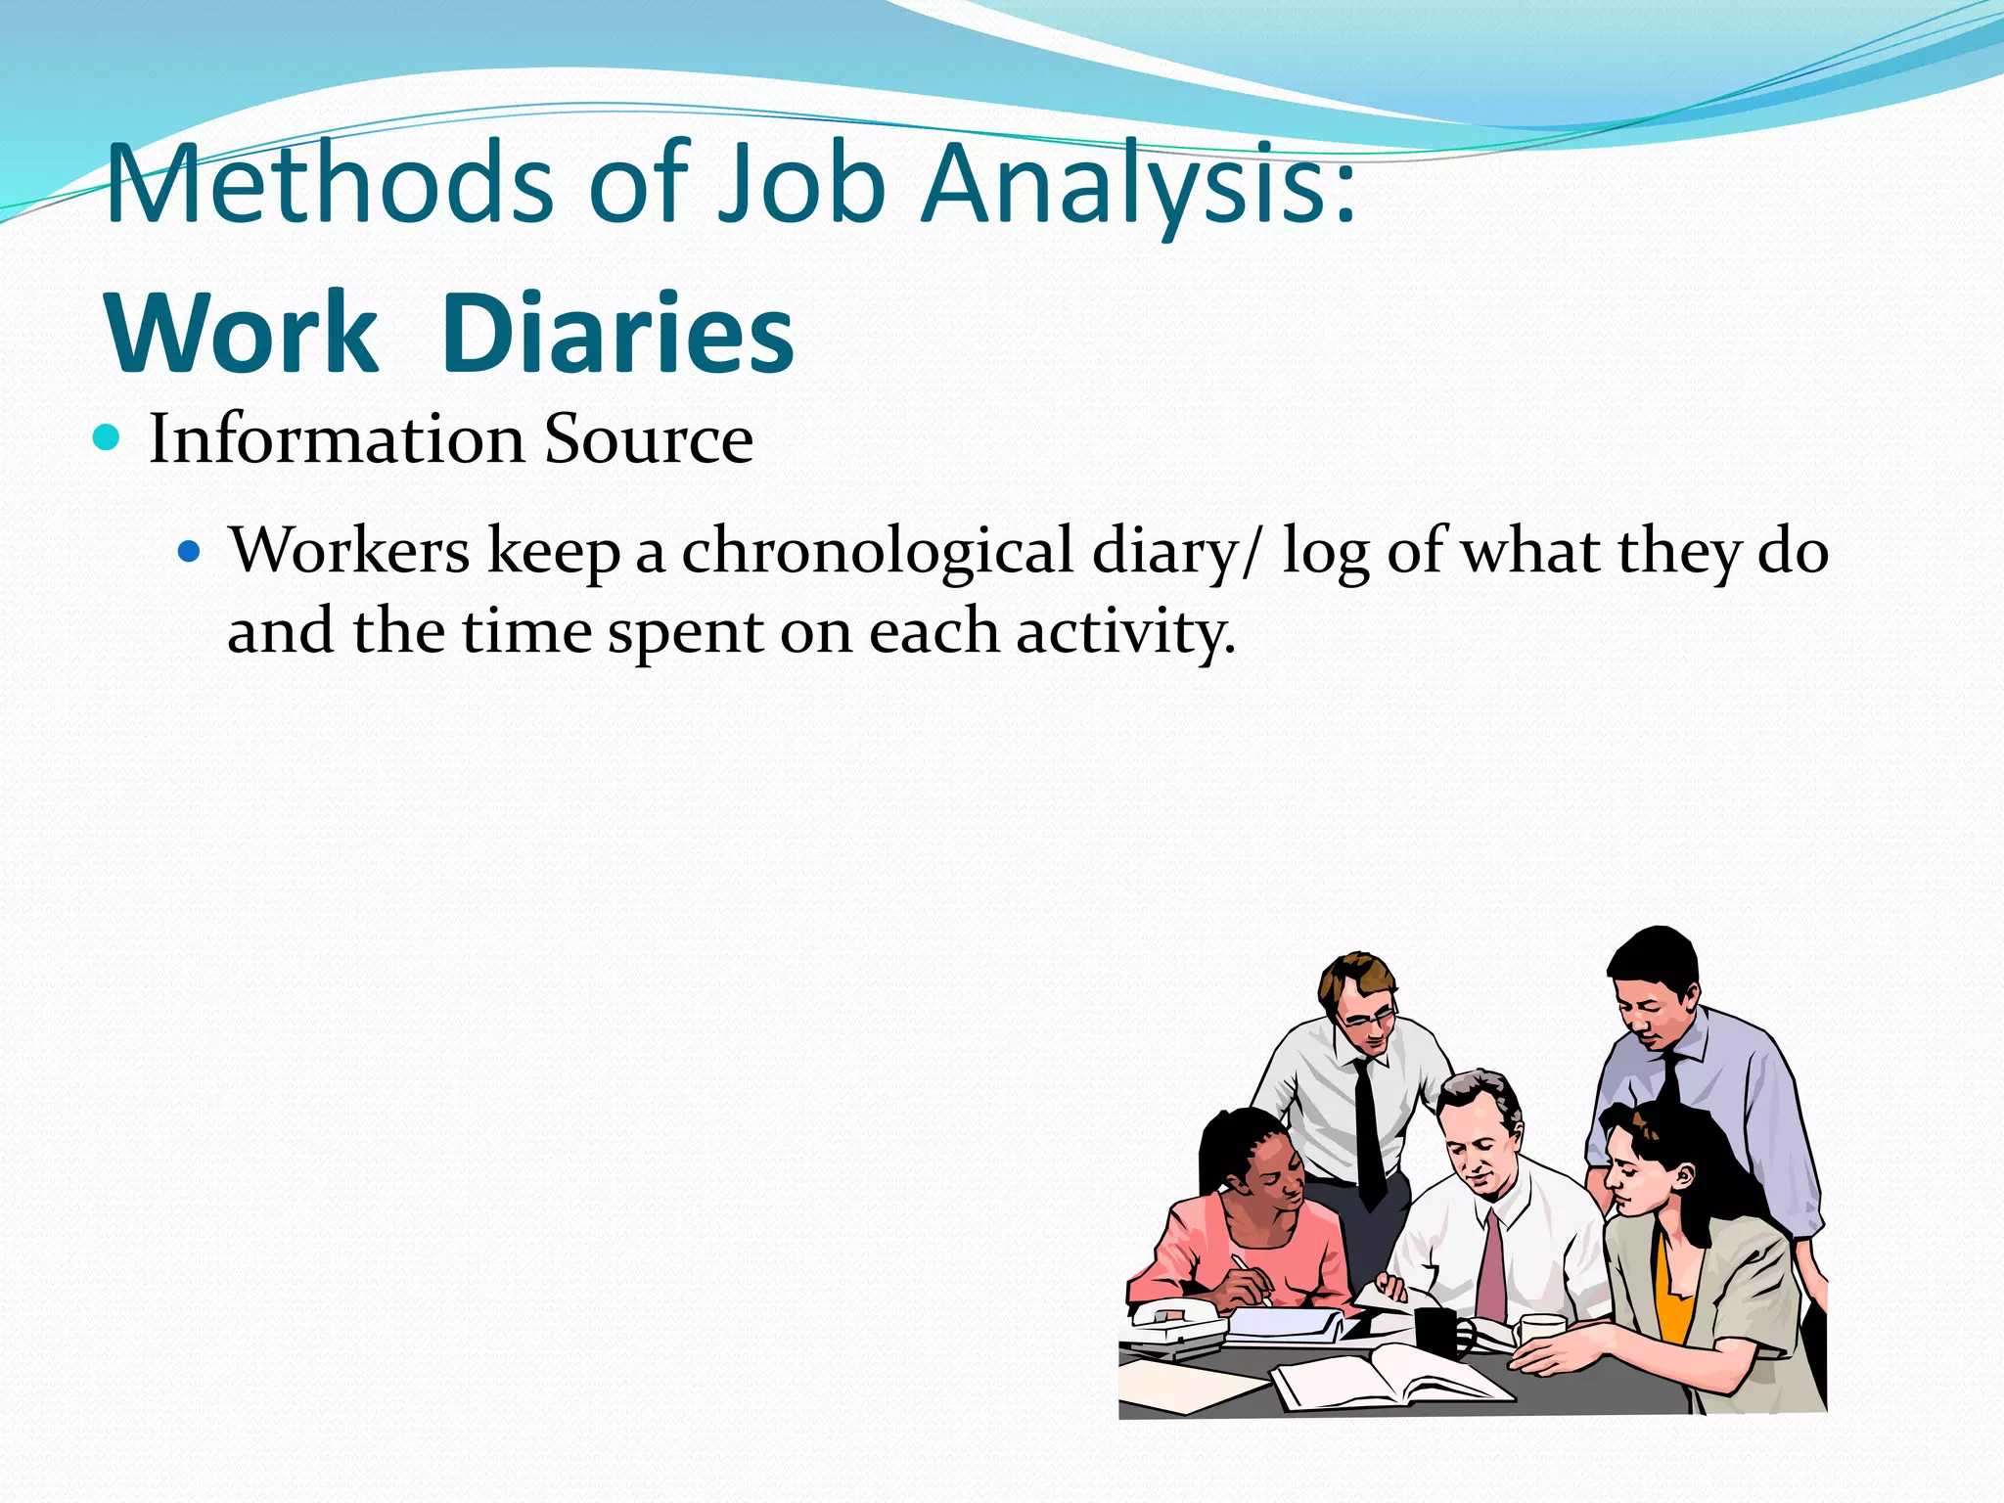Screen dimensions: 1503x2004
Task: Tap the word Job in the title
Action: point(801,184)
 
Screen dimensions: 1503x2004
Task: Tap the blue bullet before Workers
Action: point(189,552)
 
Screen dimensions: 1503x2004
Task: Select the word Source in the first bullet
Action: point(648,438)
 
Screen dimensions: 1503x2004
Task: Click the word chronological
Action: point(878,550)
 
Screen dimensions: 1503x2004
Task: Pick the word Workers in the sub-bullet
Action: point(349,550)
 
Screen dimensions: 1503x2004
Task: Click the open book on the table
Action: point(1389,1375)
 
